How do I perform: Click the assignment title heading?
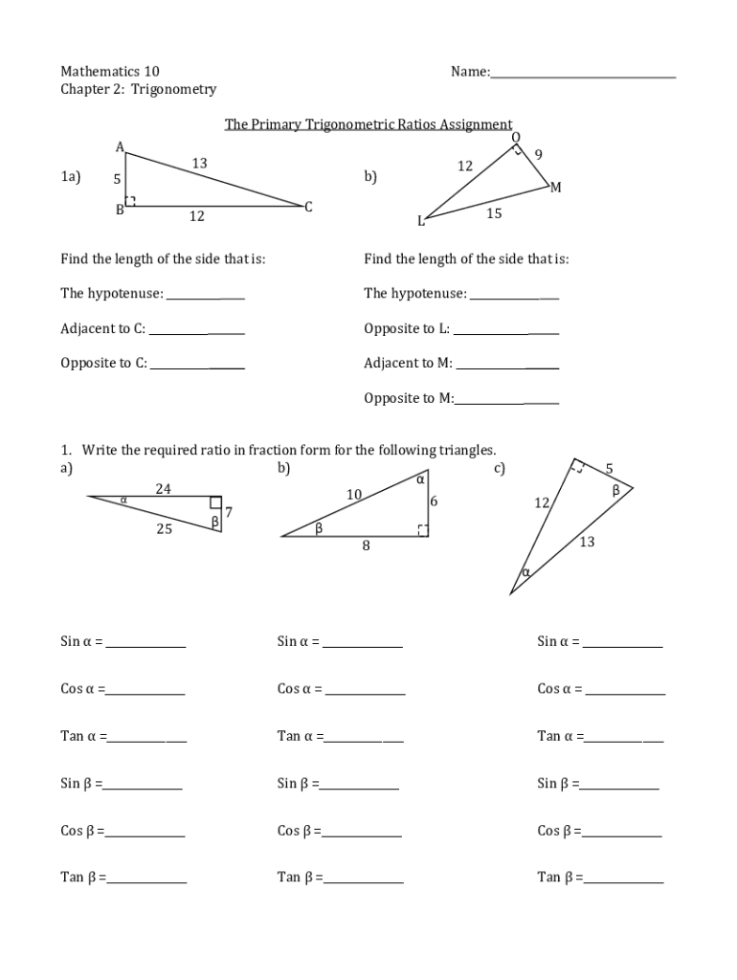coord(368,124)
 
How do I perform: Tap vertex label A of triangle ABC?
coord(120,146)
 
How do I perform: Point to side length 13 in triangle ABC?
coord(199,164)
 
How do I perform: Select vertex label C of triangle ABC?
coord(309,207)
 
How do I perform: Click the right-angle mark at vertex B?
coord(131,201)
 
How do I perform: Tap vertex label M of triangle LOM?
coord(556,188)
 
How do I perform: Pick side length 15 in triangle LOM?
coord(494,213)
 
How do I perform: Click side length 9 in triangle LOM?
coord(539,154)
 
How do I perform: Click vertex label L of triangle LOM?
coord(420,222)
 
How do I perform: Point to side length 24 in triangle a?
coord(164,489)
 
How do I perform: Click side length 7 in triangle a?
coord(229,512)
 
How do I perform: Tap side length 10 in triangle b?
coord(354,494)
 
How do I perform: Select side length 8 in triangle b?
coord(366,546)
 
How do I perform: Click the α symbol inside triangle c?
coord(526,572)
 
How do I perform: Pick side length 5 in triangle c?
coord(609,468)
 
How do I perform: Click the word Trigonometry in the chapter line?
coord(174,90)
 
